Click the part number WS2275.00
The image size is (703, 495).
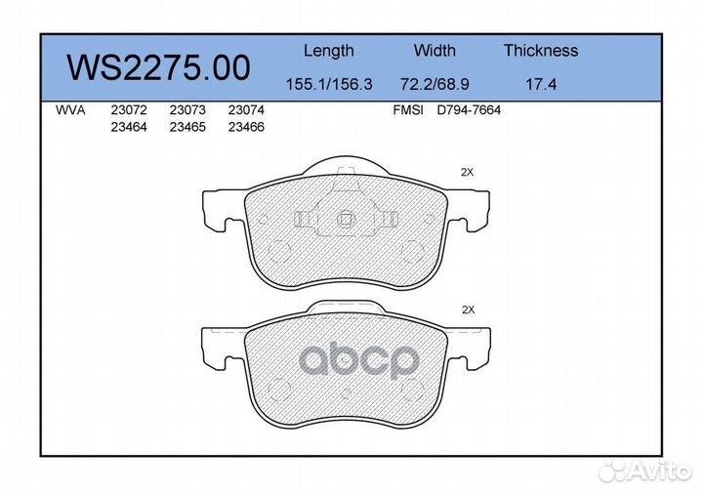click(x=158, y=67)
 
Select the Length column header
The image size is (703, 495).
click(x=329, y=51)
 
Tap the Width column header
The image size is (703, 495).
click(x=434, y=50)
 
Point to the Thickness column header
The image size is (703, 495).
click(x=541, y=50)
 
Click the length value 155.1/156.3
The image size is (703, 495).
click(x=329, y=84)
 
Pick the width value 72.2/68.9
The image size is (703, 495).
click(x=434, y=84)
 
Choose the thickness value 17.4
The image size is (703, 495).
click(x=541, y=84)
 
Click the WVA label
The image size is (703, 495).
click(x=70, y=110)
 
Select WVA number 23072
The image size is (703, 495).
click(x=129, y=110)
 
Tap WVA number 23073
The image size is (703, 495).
click(x=187, y=110)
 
